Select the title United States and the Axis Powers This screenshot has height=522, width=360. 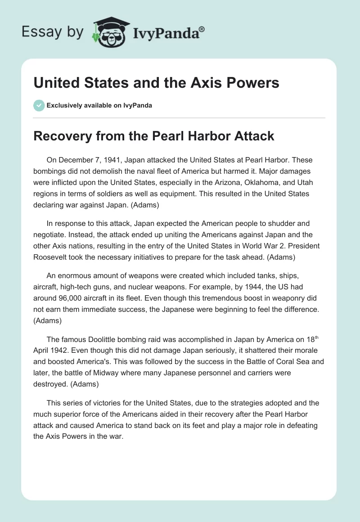click(156, 83)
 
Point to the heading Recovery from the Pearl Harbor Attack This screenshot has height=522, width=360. click(154, 136)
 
